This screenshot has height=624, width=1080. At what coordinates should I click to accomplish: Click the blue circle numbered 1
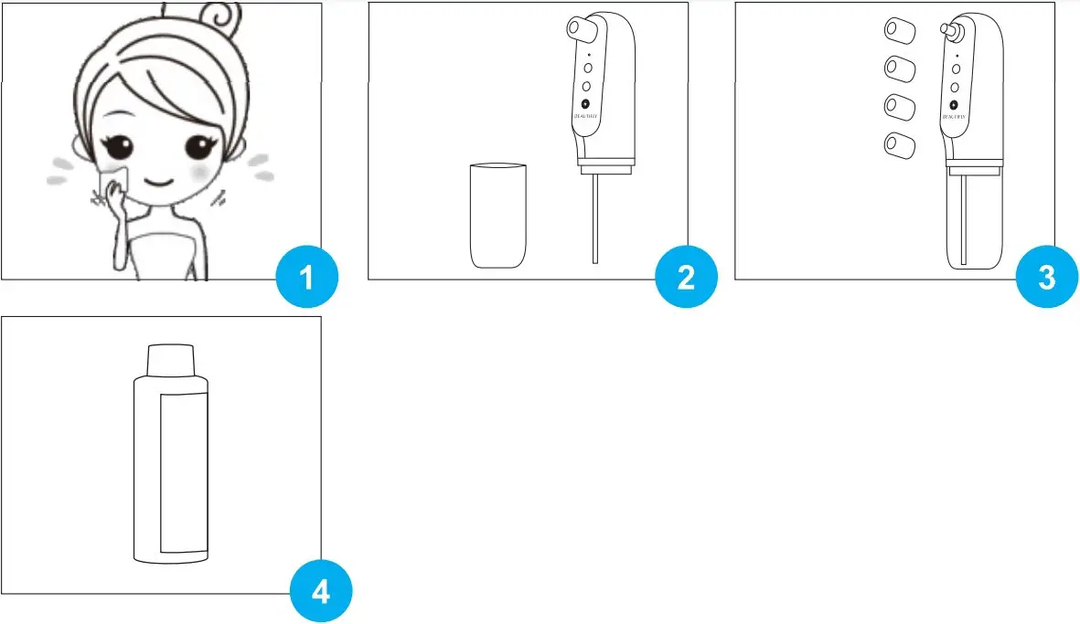(306, 277)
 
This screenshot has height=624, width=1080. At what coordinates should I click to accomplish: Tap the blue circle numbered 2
(687, 277)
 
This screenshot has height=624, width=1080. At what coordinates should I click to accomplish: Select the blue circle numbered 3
(1048, 277)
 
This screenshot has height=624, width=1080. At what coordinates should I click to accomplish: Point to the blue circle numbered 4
(321, 592)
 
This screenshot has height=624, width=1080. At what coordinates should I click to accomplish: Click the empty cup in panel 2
(497, 216)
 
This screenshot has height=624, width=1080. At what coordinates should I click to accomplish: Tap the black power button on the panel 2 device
(586, 104)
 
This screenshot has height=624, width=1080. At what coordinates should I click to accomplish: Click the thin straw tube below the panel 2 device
(595, 219)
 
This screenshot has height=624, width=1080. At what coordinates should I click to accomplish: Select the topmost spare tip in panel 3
(899, 31)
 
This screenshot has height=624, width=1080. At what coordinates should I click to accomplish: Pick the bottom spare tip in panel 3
(899, 143)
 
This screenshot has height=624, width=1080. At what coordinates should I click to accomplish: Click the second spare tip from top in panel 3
(899, 69)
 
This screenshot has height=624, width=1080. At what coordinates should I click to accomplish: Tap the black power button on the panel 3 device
(955, 104)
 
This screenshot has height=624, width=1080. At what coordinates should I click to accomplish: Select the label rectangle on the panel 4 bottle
(184, 472)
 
